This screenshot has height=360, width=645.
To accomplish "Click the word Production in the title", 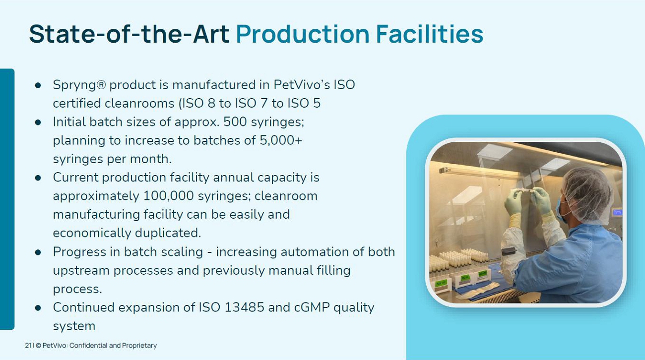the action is point(303,34).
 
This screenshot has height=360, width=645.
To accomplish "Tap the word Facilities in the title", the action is point(430,34).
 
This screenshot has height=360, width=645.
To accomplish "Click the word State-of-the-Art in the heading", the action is point(129,34).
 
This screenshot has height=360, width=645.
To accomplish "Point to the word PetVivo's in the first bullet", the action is point(302,85).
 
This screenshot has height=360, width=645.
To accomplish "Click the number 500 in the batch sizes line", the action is point(235,121).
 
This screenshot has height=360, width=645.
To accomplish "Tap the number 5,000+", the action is point(281,140).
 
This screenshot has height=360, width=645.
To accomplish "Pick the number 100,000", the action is point(169,196).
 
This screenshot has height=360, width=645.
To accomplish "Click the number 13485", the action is point(244,307).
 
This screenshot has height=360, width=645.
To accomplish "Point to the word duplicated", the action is point(168,233).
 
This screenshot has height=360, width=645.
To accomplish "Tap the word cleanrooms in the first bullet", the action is point(139,103).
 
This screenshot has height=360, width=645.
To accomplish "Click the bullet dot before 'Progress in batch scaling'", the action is point(38,252).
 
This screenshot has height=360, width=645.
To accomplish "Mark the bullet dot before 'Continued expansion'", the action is point(38,308).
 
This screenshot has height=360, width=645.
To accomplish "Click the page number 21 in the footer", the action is point(28,345).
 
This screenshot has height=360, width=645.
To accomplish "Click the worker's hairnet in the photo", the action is point(588,193).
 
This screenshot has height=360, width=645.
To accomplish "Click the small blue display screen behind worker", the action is point(618,213).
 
